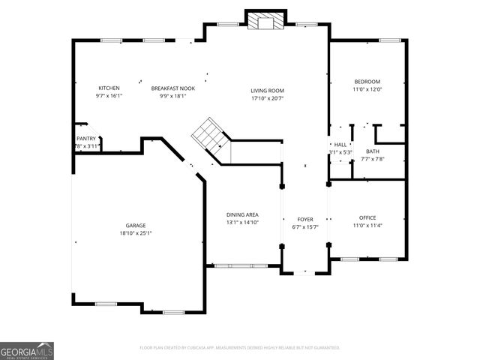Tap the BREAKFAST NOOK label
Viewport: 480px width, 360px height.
172,88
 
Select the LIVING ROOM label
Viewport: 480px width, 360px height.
267,91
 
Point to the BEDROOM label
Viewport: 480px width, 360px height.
367,82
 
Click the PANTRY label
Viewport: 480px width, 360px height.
86,139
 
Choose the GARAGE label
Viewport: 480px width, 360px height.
136,225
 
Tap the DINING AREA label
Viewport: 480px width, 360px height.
242,214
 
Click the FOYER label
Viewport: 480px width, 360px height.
304,219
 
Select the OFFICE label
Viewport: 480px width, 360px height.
367,217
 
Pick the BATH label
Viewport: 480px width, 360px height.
373,151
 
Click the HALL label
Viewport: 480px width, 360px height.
340,145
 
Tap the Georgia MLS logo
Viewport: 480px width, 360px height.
26,350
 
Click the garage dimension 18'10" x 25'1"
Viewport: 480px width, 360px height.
136,233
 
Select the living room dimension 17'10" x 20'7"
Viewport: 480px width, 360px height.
267,98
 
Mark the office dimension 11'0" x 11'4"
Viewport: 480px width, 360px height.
367,225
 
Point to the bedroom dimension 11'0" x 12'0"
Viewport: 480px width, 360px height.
367,89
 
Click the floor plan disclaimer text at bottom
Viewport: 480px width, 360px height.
240,348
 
